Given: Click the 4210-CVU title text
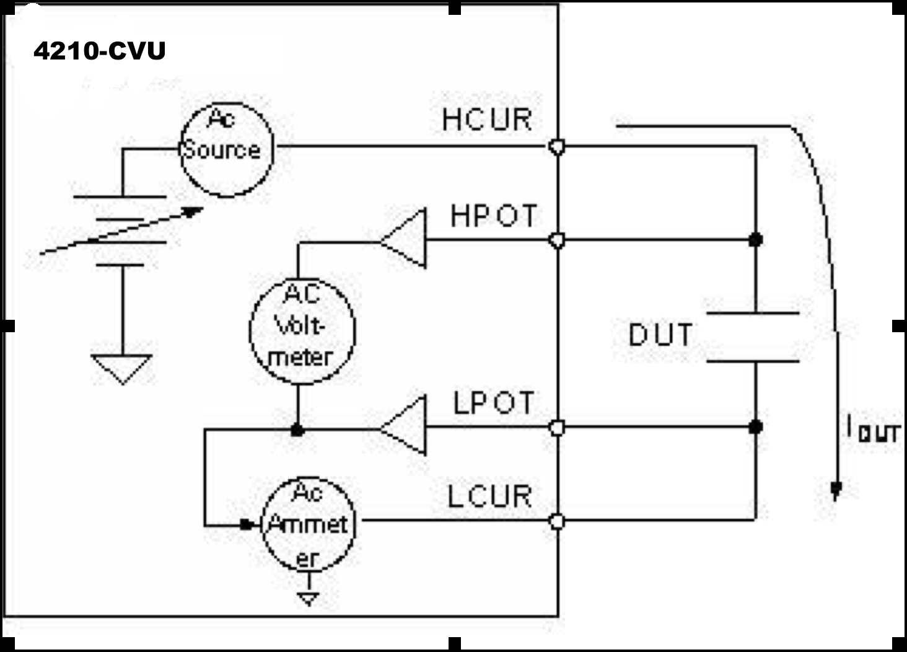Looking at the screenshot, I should tap(100, 51).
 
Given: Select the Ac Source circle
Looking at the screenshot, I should tap(226, 149).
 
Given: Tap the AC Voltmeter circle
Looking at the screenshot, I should tap(302, 330).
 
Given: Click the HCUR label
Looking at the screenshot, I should tap(487, 120).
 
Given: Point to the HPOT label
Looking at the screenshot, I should tap(493, 216).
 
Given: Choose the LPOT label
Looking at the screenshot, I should tap(493, 403).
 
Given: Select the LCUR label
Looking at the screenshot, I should tap(489, 496).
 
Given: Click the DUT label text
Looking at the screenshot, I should tap(660, 335).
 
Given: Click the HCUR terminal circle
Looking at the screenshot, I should tap(557, 147).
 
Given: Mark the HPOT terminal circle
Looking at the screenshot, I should tap(557, 240).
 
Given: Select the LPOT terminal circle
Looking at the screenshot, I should tap(557, 428).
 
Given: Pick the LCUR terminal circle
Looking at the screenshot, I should tap(557, 521).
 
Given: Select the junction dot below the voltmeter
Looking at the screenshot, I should tap(297, 430).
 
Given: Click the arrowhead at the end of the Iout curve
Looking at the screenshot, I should tap(836, 490).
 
